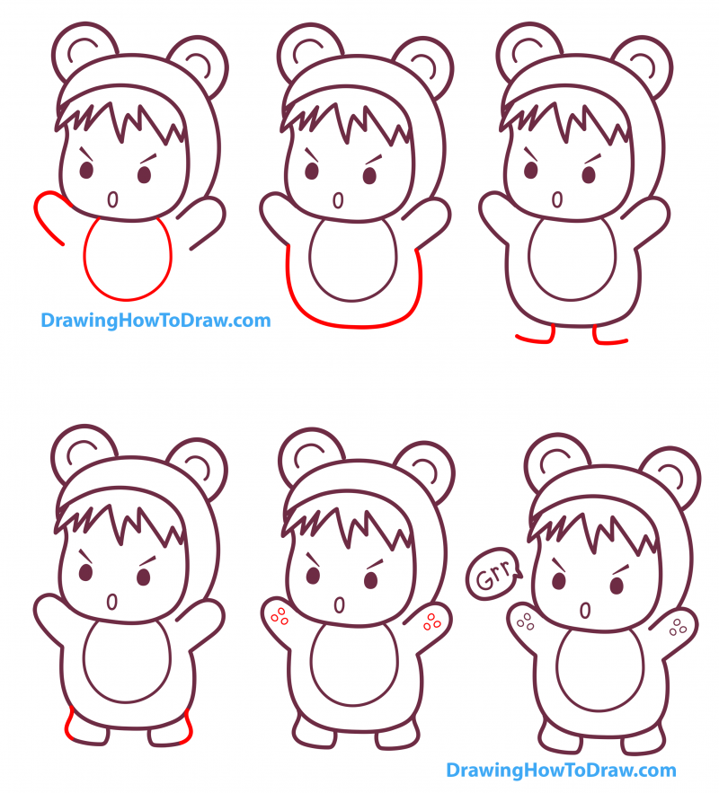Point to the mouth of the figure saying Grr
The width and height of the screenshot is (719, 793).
click(x=586, y=611)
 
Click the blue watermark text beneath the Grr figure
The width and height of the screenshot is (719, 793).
click(x=560, y=770)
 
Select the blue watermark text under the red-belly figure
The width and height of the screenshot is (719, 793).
click(x=155, y=320)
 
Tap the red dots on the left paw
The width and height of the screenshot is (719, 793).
click(x=279, y=616)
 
